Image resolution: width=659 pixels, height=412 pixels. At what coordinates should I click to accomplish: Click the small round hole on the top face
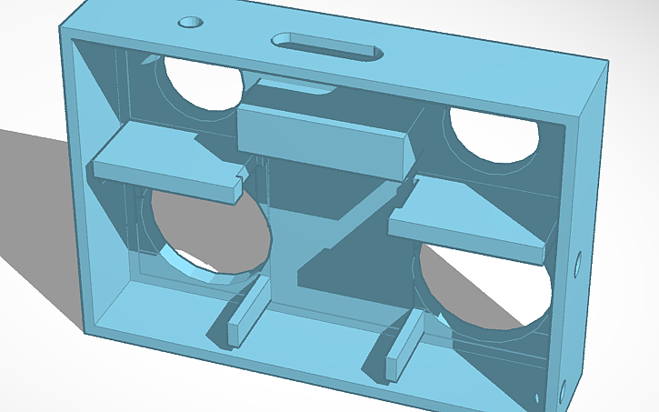(x=191, y=21)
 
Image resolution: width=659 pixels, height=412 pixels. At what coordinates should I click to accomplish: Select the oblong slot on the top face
(x=327, y=46)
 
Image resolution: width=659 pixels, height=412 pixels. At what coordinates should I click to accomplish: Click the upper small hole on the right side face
(x=579, y=266)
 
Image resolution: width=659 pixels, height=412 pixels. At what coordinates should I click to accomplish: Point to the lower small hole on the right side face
(x=562, y=392)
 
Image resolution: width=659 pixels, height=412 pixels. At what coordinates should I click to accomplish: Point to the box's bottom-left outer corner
(x=86, y=330)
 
